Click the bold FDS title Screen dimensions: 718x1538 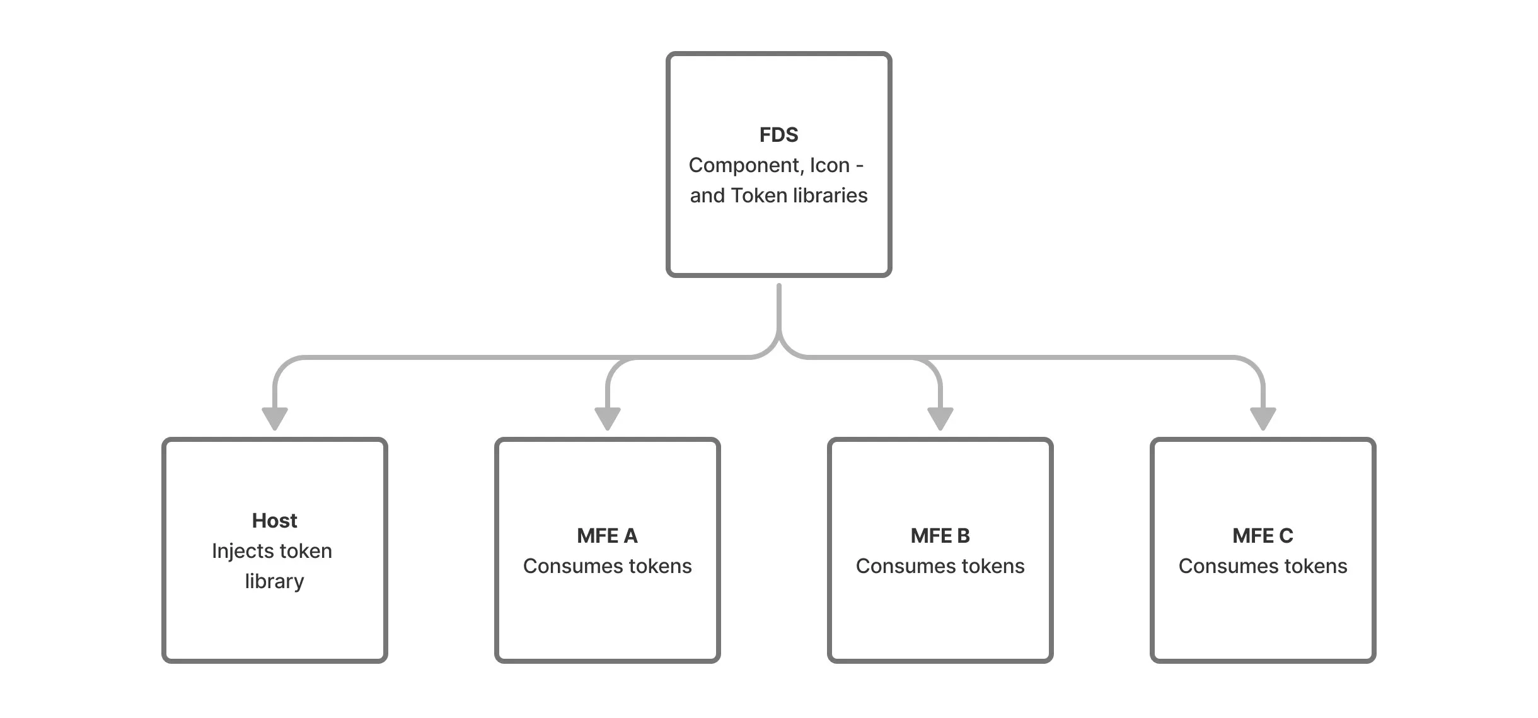pyautogui.click(x=778, y=135)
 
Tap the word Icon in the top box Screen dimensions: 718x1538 pyautogui.click(x=830, y=165)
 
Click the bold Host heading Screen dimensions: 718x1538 pyautogui.click(x=274, y=521)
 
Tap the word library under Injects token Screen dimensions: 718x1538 pyautogui.click(x=274, y=581)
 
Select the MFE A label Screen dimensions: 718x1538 pyautogui.click(x=607, y=536)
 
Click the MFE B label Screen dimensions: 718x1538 pyautogui.click(x=940, y=536)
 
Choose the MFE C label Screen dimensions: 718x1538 pyautogui.click(x=1263, y=536)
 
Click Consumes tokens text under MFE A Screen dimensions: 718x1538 pyautogui.click(x=607, y=566)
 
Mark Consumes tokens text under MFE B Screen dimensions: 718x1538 pyautogui.click(x=940, y=566)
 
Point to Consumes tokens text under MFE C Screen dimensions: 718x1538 pyautogui.click(x=1263, y=566)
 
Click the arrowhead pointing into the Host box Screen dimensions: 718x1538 pyautogui.click(x=275, y=418)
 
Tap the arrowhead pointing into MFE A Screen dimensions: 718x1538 pyautogui.click(x=608, y=418)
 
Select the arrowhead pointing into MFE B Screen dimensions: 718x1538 pyautogui.click(x=940, y=418)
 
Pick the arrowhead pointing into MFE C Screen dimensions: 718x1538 pyautogui.click(x=1263, y=418)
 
